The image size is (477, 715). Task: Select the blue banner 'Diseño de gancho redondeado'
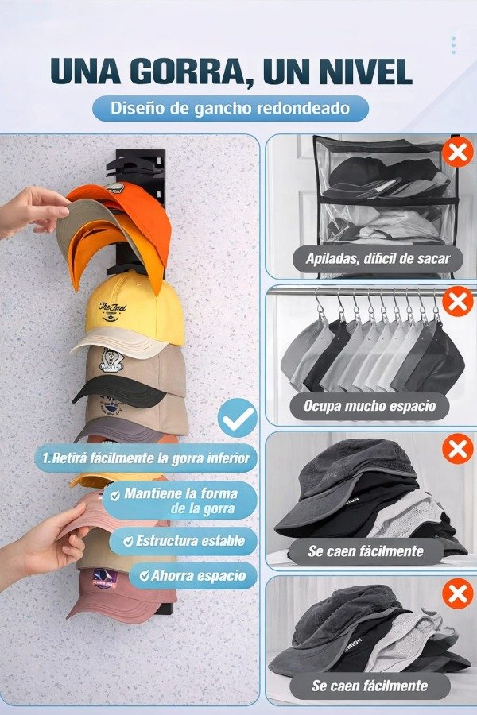tap(231, 108)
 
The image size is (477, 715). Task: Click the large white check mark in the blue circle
tap(238, 418)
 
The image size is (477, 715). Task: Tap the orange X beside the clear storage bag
tap(457, 152)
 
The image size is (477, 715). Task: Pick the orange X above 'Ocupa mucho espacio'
tap(457, 301)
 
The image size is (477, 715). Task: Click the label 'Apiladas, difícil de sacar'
tap(378, 259)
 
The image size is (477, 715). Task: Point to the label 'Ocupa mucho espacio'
tap(370, 406)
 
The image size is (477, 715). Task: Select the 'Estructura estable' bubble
tap(184, 541)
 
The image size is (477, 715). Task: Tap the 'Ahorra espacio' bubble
tap(193, 575)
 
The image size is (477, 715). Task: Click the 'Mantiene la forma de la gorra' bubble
tap(180, 500)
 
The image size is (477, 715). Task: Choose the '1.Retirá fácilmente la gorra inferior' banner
tap(146, 458)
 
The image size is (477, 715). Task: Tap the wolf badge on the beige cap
tap(111, 361)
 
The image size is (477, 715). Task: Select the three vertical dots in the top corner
tap(453, 45)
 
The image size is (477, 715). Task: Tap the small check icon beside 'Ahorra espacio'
tap(144, 576)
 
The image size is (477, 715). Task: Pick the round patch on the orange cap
tap(115, 189)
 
